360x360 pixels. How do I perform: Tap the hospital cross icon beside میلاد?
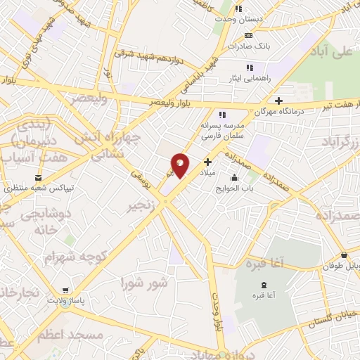pyautogui.click(x=207, y=162)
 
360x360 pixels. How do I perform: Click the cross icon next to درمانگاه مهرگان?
pyautogui.click(x=280, y=100)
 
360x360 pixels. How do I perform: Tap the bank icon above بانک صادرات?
pyautogui.click(x=247, y=35)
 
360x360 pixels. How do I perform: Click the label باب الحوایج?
pyautogui.click(x=234, y=188)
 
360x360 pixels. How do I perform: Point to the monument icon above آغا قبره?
pyautogui.click(x=263, y=285)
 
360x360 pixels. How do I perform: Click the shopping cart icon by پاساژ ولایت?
pyautogui.click(x=66, y=290)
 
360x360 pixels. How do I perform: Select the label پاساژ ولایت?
pyautogui.click(x=66, y=301)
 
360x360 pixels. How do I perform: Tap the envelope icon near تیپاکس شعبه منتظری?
pyautogui.click(x=38, y=177)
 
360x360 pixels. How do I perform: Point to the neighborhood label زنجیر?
pyautogui.click(x=141, y=207)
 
